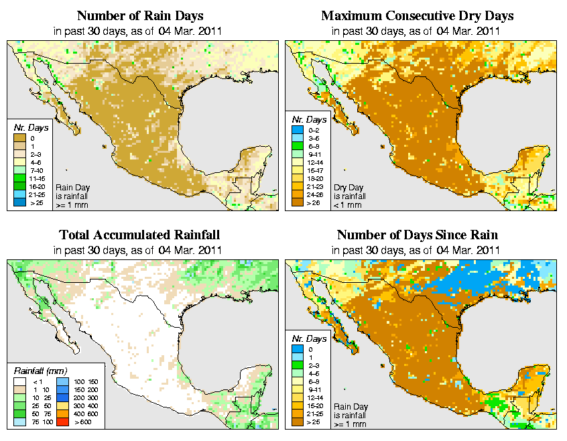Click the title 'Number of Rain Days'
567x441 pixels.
coord(141,15)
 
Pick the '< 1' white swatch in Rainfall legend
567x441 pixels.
coord(21,381)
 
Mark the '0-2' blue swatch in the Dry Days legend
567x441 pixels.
coord(298,129)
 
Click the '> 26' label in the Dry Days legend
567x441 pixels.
coord(312,202)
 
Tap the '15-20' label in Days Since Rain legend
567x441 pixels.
coord(314,405)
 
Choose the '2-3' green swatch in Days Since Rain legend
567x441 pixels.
coord(298,365)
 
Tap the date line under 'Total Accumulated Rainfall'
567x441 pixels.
coord(141,250)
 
